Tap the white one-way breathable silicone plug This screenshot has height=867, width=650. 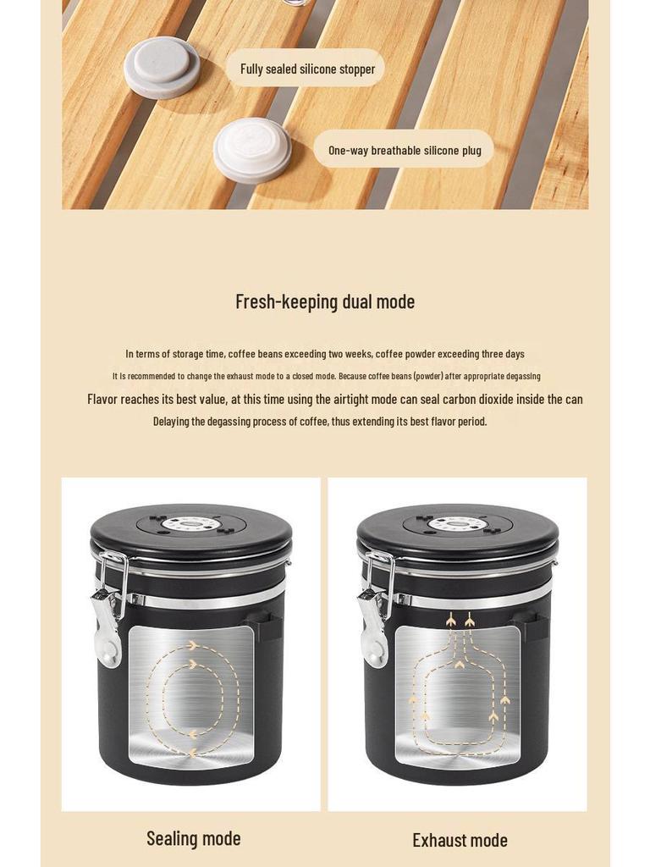[x=252, y=152]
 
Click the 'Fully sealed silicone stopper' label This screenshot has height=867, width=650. [x=307, y=69]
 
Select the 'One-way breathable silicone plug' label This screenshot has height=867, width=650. [x=405, y=151]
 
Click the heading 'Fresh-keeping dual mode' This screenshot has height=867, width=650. [x=325, y=302]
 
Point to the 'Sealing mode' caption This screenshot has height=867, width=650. [x=194, y=839]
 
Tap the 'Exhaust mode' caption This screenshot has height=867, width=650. [x=460, y=841]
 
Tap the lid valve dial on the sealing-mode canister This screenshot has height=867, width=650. [x=191, y=522]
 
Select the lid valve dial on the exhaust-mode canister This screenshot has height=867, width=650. [x=458, y=522]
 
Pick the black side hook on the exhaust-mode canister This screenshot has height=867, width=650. [x=532, y=625]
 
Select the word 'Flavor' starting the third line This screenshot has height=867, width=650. [x=102, y=400]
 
